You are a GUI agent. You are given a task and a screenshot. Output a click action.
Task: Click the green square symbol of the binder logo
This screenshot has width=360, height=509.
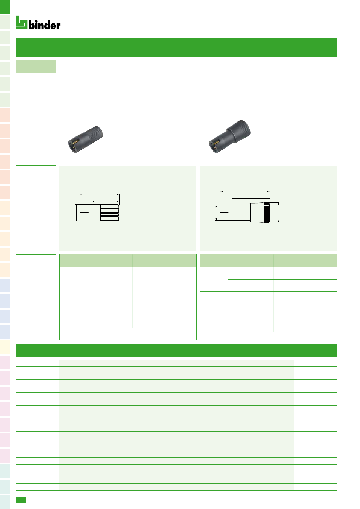(22, 23)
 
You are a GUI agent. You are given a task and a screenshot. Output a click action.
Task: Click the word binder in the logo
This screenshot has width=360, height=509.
(45, 25)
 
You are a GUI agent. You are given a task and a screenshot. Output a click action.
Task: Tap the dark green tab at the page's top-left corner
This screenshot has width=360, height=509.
(5, 6)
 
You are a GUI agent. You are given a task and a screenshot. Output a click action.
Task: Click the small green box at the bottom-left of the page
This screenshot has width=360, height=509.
(21, 500)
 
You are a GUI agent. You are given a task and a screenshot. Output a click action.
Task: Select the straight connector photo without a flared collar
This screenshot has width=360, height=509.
(85, 139)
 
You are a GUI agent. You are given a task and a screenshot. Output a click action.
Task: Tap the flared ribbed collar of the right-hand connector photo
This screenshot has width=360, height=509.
(239, 131)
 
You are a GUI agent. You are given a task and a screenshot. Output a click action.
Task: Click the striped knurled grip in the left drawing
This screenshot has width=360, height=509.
(109, 213)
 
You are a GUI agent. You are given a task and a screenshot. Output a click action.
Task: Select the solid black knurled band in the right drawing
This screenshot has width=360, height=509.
(266, 213)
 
